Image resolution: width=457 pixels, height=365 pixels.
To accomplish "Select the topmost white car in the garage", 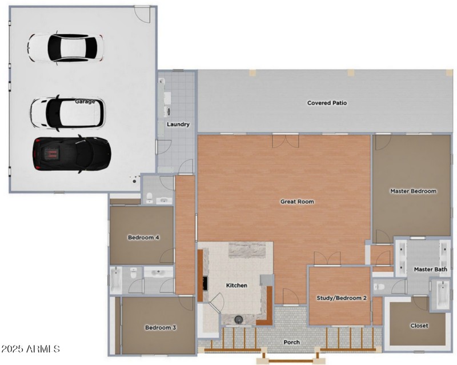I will click(x=66, y=47).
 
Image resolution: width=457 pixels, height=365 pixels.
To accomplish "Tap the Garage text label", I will click(x=85, y=101).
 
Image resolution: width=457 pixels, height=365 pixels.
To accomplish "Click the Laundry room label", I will click(x=178, y=124).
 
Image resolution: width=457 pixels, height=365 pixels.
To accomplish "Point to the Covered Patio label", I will click(x=327, y=103).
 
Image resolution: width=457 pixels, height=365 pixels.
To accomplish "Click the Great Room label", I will click(x=296, y=201).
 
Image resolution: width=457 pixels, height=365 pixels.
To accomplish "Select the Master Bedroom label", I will click(x=413, y=191).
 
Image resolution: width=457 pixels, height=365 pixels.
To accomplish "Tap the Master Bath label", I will click(x=430, y=269).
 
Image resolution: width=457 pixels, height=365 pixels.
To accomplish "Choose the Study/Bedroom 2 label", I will click(x=341, y=298).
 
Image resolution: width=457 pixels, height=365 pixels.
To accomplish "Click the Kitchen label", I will click(x=236, y=285).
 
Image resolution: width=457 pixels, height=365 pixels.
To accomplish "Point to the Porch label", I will click(x=291, y=342).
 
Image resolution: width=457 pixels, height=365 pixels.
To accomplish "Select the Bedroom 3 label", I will click(x=160, y=327).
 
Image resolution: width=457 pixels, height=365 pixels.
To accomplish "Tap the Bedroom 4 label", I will click(x=143, y=237).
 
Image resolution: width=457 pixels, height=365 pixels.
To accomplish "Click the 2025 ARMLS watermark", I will click(x=31, y=348).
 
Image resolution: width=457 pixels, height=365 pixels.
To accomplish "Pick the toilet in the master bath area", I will click(x=379, y=287).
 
